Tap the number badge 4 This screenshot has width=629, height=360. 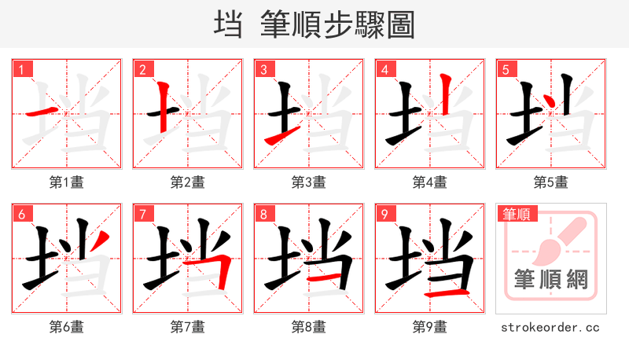[x=385, y=69]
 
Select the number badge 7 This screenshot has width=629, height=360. [x=143, y=214]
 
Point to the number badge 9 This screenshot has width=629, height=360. [x=385, y=214]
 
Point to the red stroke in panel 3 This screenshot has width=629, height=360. [x=275, y=139]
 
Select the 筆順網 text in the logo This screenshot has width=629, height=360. [x=551, y=279]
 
